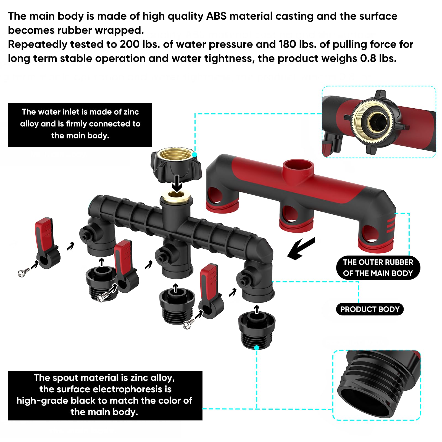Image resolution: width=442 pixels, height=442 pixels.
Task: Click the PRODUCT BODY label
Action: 370,309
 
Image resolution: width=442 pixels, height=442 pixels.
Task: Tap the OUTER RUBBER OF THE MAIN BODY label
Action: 378,268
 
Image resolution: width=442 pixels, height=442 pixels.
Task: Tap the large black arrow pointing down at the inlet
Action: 177,183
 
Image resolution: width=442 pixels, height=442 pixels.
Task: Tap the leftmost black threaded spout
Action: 102,283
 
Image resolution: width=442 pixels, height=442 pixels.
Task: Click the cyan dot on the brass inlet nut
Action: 195,155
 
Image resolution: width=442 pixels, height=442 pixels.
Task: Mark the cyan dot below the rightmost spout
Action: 257,348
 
